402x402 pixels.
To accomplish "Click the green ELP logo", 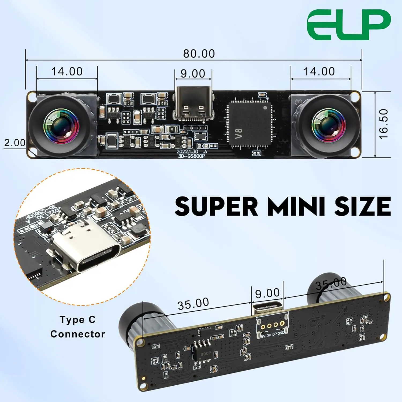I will (x=349, y=25).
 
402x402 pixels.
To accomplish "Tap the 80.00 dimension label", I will (x=199, y=54).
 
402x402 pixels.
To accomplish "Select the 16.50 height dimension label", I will (x=384, y=124).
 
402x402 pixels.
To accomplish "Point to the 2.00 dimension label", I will (x=15, y=143).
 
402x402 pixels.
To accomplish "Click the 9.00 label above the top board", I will (x=193, y=73).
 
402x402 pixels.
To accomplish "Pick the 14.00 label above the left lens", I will (x=67, y=72).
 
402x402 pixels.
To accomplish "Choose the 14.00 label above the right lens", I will (x=319, y=72).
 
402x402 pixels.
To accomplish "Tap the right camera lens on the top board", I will (x=328, y=125).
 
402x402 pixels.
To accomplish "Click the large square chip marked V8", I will (x=250, y=124).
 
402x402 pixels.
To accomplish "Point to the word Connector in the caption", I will (x=78, y=334).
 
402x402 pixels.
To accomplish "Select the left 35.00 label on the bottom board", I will (x=193, y=304).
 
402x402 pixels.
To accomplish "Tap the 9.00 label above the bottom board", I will (x=267, y=293).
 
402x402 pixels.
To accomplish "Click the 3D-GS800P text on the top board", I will (x=191, y=156).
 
